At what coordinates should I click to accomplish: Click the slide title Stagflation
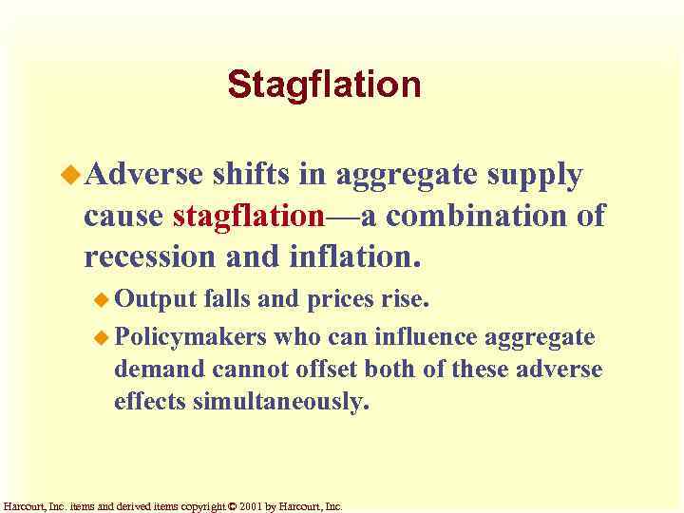(x=324, y=85)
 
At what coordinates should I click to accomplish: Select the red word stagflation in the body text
(x=249, y=217)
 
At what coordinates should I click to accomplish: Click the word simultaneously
(x=279, y=402)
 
